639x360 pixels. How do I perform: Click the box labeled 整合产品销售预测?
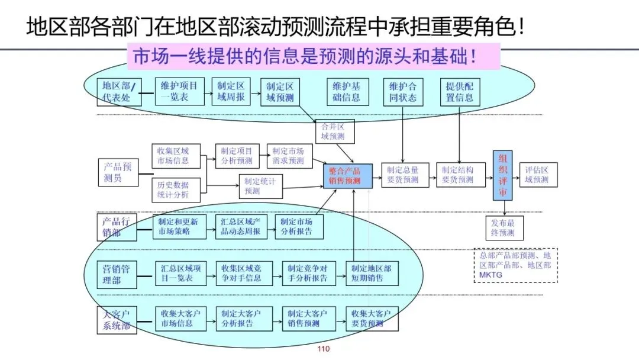click(348, 176)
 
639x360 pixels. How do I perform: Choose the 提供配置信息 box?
click(459, 92)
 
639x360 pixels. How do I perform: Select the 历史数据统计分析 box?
click(173, 189)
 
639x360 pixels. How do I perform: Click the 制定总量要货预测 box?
click(402, 175)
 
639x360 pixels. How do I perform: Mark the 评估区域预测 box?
click(537, 175)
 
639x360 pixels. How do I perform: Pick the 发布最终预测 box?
click(503, 228)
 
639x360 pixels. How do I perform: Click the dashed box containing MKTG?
click(515, 265)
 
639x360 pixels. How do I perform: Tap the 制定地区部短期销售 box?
click(371, 272)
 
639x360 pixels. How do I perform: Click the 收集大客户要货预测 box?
click(371, 318)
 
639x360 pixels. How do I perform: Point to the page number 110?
click(323, 349)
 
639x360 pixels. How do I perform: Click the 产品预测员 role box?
click(117, 172)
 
